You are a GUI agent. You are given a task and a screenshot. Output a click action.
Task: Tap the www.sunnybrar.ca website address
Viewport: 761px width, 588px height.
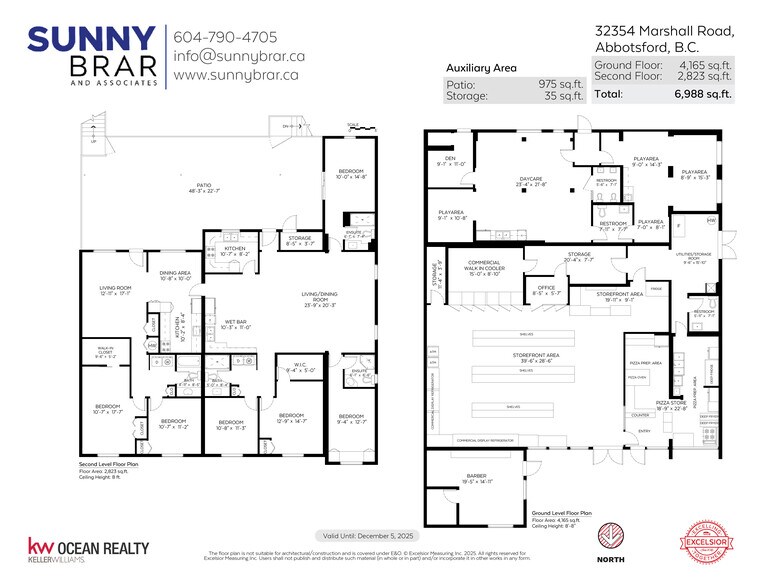[x=237, y=75]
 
